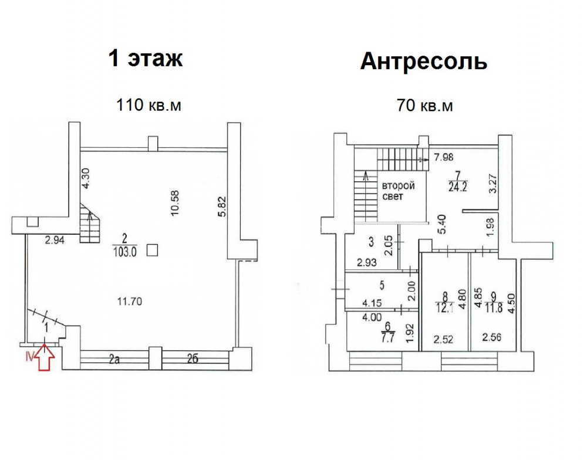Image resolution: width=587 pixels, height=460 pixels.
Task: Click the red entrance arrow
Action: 45,358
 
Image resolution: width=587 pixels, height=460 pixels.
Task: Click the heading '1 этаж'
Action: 146,59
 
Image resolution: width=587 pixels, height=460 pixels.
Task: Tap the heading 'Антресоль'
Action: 424,61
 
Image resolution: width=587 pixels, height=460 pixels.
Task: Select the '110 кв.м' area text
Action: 149,105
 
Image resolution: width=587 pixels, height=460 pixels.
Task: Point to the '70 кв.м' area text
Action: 424,106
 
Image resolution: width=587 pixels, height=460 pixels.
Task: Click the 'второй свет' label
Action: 399,191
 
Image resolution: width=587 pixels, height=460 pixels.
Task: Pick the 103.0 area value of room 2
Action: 124,253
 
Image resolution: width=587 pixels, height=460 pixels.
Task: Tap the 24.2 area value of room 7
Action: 457,187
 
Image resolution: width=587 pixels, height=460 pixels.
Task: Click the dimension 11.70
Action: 129,301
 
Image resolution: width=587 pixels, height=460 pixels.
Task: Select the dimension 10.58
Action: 175,203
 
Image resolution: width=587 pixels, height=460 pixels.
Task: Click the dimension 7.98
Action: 444,157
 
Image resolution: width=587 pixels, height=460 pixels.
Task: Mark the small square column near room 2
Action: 152,250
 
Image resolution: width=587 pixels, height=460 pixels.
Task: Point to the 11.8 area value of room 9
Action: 494,310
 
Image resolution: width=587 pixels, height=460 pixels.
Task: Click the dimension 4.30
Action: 86,179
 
